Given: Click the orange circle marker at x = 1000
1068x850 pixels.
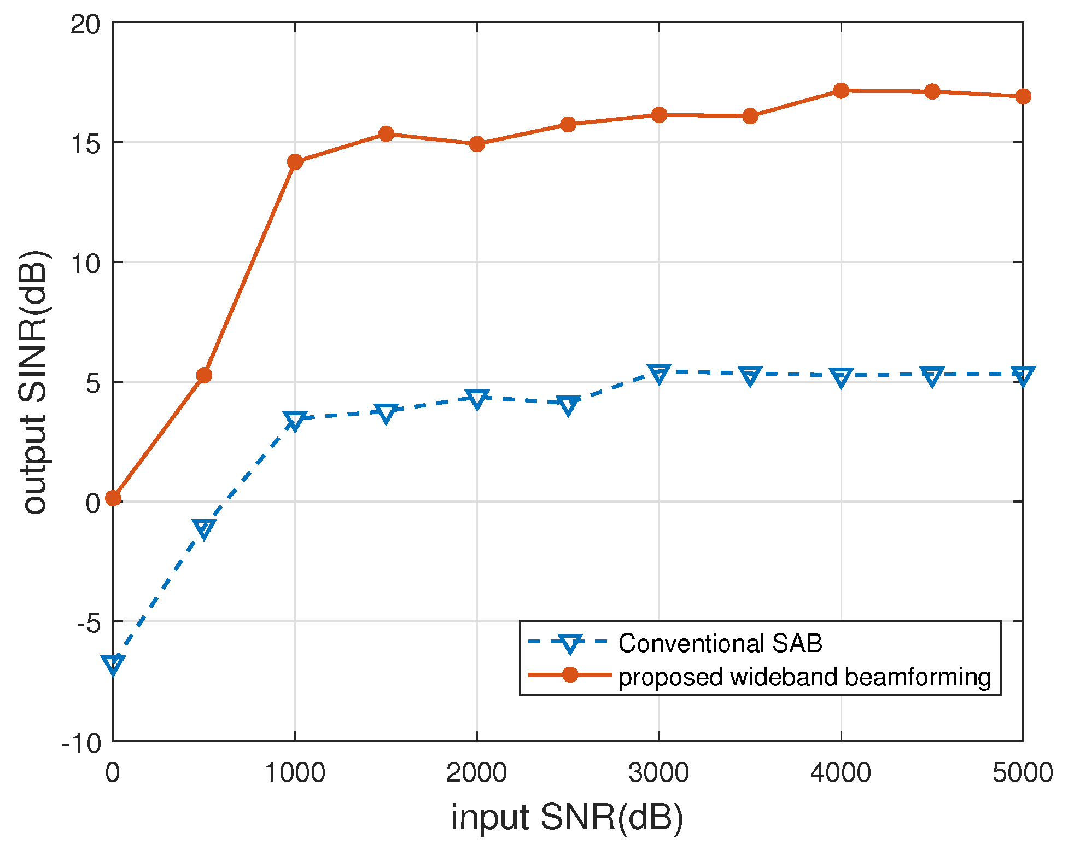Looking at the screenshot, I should click(295, 162).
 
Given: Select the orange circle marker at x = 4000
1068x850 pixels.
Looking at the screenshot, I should click(841, 91).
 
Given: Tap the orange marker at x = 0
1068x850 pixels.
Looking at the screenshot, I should click(113, 498).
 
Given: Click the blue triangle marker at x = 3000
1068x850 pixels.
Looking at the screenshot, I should click(659, 374).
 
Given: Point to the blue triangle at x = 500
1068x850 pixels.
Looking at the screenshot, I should click(204, 528).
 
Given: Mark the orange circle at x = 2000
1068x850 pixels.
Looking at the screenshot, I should click(477, 144).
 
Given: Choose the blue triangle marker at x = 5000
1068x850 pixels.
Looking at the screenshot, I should click(1023, 376).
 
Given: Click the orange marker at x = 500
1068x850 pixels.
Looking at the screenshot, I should click(204, 375).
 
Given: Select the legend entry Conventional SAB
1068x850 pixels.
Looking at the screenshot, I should click(720, 643).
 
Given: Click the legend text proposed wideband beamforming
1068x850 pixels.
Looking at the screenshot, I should click(804, 677).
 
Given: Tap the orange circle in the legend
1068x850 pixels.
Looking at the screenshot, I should click(570, 675).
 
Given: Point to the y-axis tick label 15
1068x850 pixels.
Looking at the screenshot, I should click(85, 143).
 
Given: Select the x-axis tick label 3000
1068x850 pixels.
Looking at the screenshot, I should click(658, 773).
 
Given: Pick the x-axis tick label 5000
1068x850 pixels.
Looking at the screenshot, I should click(1022, 773).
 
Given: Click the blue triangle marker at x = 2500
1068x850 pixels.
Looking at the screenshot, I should click(568, 406).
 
